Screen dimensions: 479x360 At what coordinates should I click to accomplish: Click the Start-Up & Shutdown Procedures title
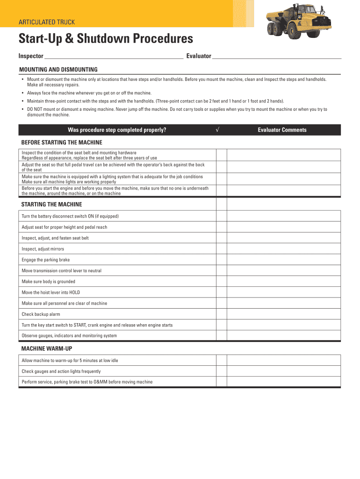[105, 39]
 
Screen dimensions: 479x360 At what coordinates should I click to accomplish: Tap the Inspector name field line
[113, 57]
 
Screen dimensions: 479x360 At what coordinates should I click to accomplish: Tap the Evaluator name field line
[277, 57]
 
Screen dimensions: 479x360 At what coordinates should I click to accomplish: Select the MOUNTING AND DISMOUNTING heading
[58, 69]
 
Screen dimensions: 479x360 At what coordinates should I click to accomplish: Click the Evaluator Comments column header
[282, 130]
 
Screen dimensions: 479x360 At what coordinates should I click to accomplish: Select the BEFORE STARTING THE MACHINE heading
[62, 142]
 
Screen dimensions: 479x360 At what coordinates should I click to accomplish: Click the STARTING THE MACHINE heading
[52, 204]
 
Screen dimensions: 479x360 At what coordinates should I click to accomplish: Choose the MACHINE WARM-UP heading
[47, 349]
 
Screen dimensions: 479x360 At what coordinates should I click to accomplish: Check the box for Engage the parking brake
[221, 260]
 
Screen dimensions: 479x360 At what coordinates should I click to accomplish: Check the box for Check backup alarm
[221, 314]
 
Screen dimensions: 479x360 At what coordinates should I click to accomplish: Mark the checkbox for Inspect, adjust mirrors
[221, 249]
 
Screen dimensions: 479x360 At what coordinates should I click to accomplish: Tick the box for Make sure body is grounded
[221, 282]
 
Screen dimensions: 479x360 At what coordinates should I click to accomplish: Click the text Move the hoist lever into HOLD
[51, 292]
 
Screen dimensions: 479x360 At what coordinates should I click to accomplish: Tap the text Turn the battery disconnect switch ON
[70, 216]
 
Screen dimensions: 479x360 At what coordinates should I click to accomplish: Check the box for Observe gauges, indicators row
[221, 336]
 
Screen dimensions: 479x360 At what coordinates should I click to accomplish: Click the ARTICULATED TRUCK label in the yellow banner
[46, 22]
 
